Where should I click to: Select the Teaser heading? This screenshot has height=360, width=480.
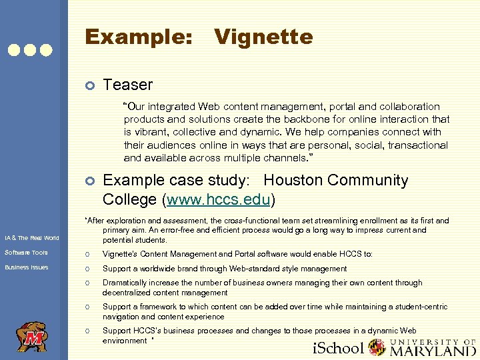[x=127, y=85]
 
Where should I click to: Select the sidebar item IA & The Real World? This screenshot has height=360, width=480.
[x=31, y=238]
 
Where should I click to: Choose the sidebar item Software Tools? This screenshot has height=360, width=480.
[x=26, y=253]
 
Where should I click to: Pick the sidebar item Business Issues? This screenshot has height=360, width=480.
[x=27, y=267]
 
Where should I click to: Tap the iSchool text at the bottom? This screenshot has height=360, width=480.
[x=338, y=348]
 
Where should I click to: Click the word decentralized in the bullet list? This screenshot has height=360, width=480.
[x=131, y=292]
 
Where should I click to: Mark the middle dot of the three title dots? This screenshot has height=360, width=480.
[x=31, y=49]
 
